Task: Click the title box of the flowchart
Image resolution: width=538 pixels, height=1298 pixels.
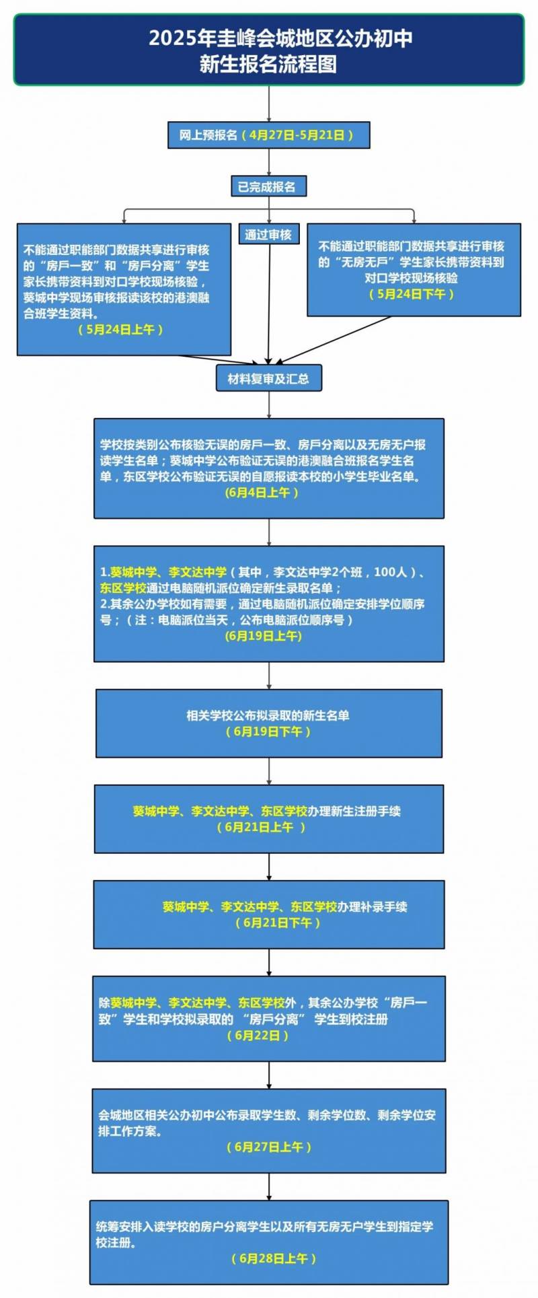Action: click(x=269, y=50)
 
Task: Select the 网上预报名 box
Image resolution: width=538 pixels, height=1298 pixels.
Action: click(x=269, y=135)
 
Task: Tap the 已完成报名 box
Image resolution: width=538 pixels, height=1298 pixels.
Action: click(x=268, y=186)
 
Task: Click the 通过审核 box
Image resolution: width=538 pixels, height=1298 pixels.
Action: click(x=268, y=234)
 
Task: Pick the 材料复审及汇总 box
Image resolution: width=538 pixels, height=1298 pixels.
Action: click(x=269, y=379)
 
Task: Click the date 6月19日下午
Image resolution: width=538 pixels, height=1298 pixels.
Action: click(x=268, y=731)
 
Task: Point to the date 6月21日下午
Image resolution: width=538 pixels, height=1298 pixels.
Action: click(x=278, y=923)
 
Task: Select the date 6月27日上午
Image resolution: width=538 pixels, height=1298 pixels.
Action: click(x=269, y=1147)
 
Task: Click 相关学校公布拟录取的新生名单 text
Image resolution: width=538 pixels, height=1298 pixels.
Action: click(x=268, y=715)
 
